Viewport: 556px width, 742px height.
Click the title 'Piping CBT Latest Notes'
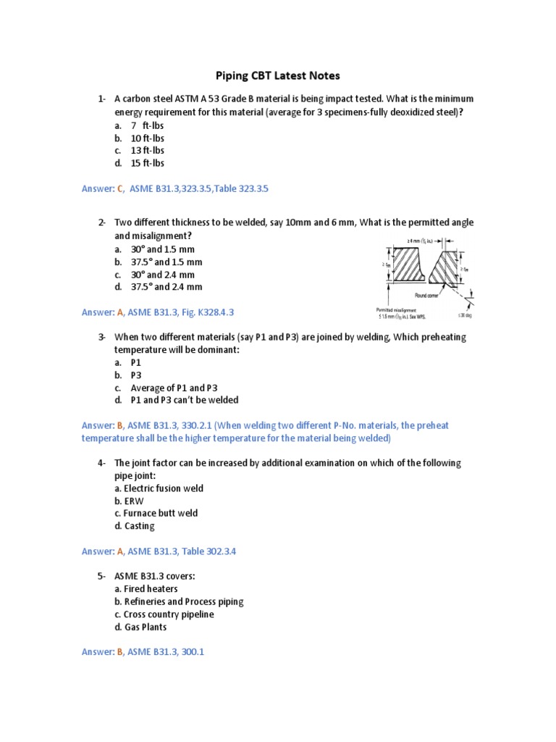pos(279,75)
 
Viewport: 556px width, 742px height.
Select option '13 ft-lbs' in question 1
pos(148,151)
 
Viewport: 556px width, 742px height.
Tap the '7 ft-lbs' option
pos(148,125)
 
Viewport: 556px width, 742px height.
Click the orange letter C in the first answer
pos(119,188)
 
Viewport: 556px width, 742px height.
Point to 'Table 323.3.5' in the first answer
pos(239,188)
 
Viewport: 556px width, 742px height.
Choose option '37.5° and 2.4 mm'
pos(166,287)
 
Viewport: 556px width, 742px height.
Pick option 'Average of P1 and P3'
pos(174,388)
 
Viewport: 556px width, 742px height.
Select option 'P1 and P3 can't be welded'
pos(184,400)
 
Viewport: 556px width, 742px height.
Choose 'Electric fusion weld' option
pos(159,488)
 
